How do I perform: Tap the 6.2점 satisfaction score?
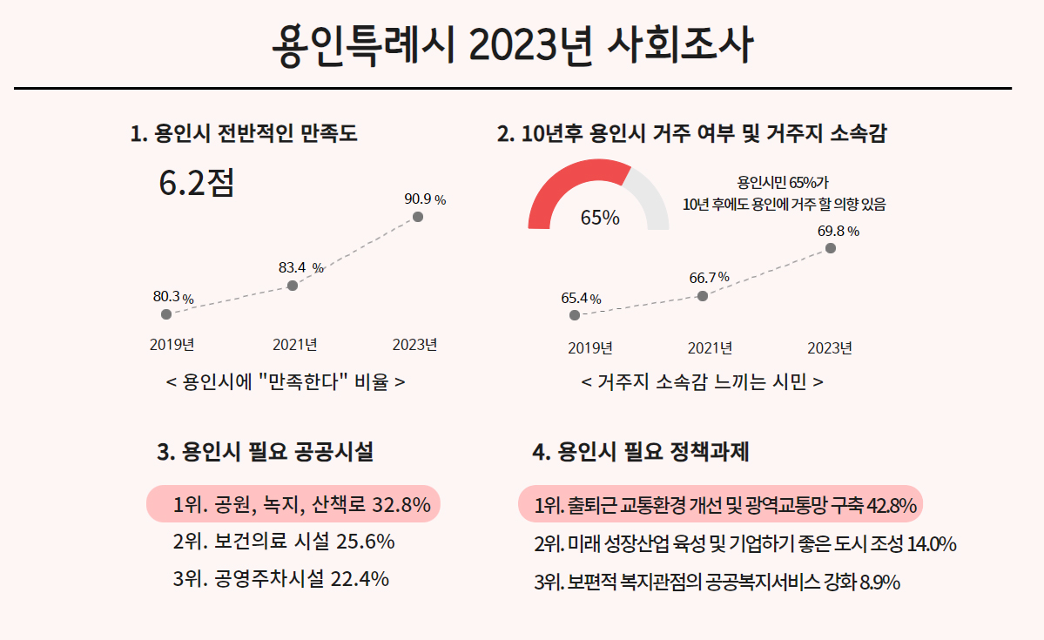(x=197, y=182)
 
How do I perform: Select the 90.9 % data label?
(x=425, y=199)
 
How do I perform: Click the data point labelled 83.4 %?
(x=293, y=286)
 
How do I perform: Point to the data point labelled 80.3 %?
(x=166, y=314)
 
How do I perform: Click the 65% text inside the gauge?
(x=600, y=218)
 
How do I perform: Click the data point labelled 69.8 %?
(x=831, y=248)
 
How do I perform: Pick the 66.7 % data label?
(x=709, y=278)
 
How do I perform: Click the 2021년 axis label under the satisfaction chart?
(x=294, y=345)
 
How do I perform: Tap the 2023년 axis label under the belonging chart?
(x=830, y=348)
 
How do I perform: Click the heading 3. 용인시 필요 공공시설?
(x=266, y=452)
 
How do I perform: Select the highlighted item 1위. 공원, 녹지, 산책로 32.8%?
(x=294, y=504)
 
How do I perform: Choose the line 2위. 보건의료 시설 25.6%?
(x=284, y=542)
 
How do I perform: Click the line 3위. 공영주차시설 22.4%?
(x=280, y=579)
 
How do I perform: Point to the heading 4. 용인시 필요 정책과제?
(x=641, y=452)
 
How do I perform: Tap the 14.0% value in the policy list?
(x=932, y=545)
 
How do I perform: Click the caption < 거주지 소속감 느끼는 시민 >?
(x=702, y=382)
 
